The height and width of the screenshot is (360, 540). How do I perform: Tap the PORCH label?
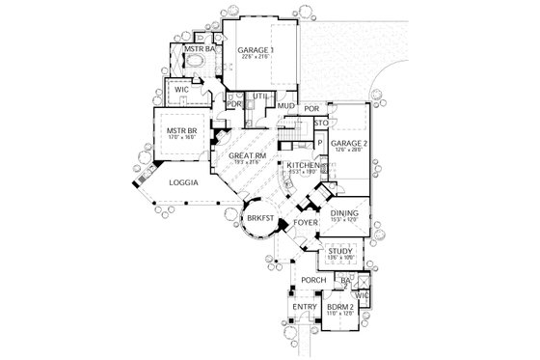(x=313, y=281)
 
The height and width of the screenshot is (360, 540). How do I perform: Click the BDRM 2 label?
(x=341, y=307)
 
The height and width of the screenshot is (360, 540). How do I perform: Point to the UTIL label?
(x=260, y=97)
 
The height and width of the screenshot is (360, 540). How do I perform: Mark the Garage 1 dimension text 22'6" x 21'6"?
(x=255, y=56)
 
